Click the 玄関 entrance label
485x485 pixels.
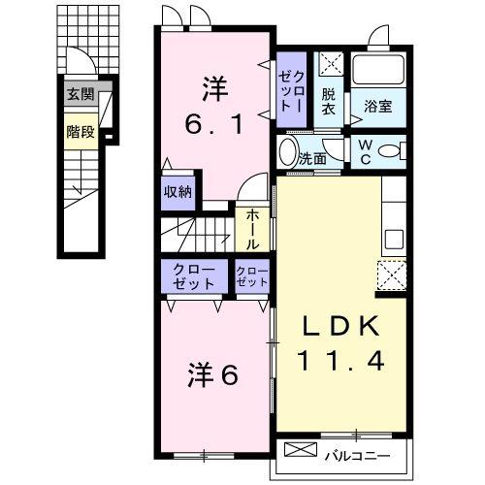tap(81, 95)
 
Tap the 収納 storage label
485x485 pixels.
tap(178, 191)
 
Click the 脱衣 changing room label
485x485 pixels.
tap(329, 100)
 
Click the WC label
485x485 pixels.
tap(364, 153)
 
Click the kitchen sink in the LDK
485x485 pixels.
tap(395, 238)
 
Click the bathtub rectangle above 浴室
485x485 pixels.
tap(379, 70)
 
